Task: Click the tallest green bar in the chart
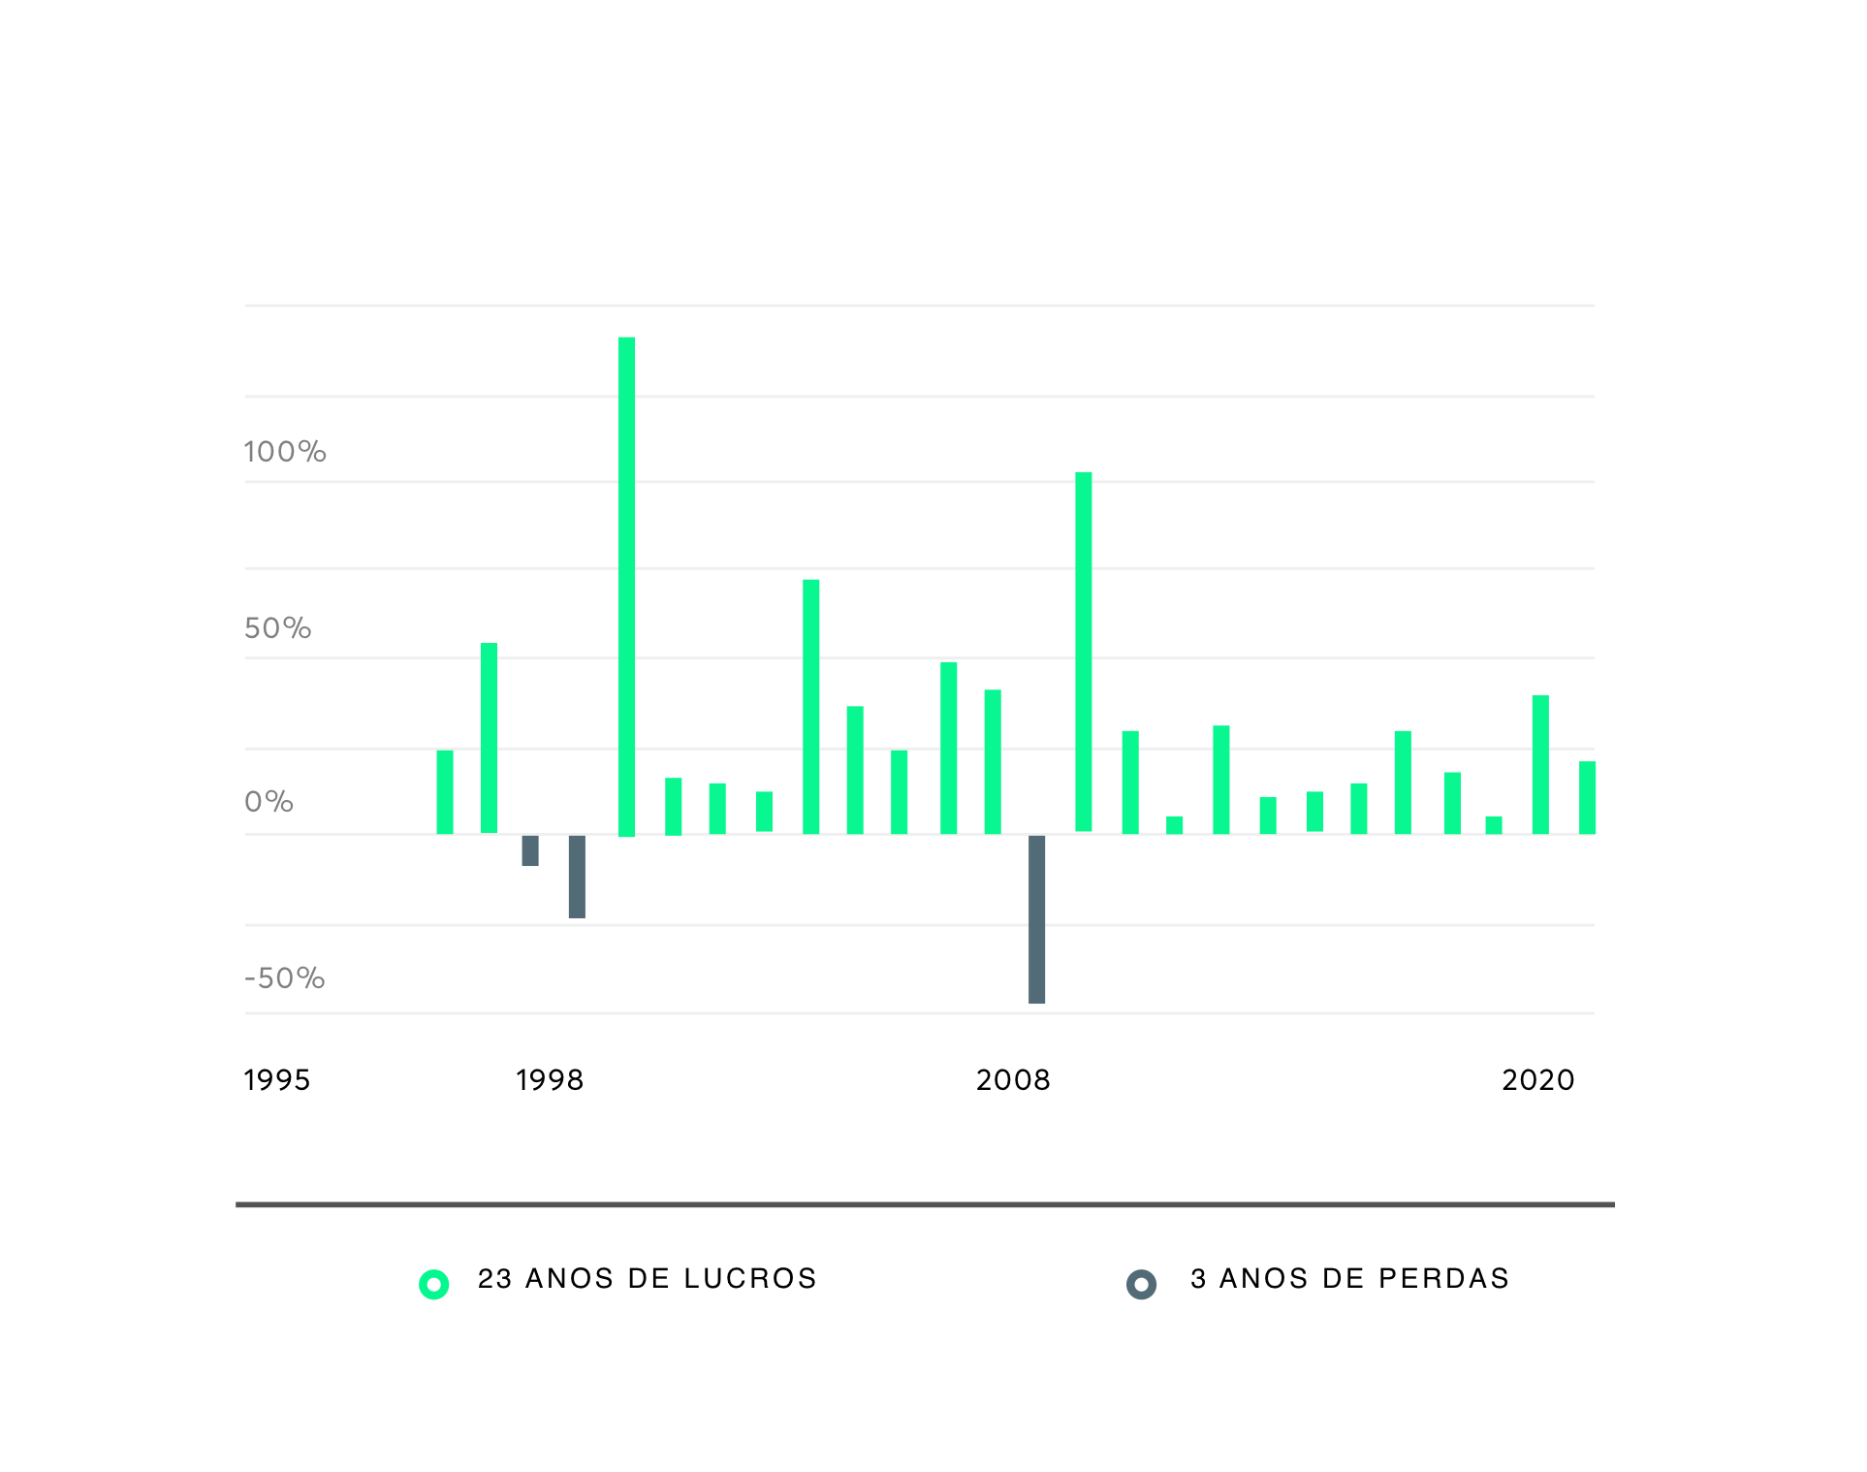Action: click(626, 587)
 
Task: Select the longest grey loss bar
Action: click(1036, 918)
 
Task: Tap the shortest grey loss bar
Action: click(530, 850)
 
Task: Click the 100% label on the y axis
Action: click(285, 452)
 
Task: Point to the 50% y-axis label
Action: click(278, 628)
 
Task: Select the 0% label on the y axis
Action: click(269, 802)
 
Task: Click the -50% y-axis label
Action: click(285, 978)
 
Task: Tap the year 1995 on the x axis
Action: click(277, 1080)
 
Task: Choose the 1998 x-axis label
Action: click(550, 1080)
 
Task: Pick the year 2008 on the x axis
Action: click(1013, 1080)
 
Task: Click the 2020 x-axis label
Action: click(1538, 1080)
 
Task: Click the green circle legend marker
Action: click(433, 1285)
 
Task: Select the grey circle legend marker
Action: click(1141, 1285)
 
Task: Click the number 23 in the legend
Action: click(494, 1279)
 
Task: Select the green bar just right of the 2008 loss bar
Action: click(1084, 652)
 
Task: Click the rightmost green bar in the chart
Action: click(1587, 798)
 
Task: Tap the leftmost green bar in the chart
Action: click(445, 792)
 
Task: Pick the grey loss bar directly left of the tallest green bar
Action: click(577, 877)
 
